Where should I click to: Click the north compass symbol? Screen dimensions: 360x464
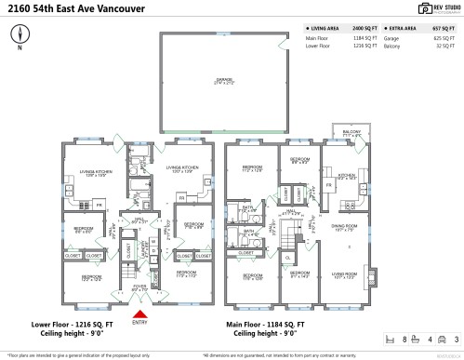(x=20, y=35)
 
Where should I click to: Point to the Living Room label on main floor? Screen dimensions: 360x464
(x=345, y=273)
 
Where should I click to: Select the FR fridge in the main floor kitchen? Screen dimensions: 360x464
(x=328, y=185)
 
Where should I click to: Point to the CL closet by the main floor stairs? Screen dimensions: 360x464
(x=289, y=258)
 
